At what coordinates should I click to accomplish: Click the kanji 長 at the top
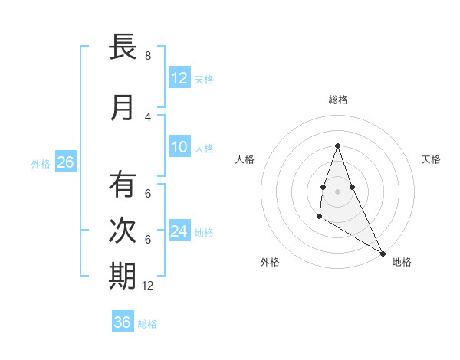(x=123, y=47)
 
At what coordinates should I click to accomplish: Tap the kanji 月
(x=123, y=108)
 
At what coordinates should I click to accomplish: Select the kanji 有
(x=123, y=185)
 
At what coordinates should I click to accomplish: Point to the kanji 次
(x=123, y=231)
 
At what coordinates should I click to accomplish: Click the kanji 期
(x=123, y=277)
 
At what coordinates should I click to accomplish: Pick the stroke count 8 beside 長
(x=148, y=56)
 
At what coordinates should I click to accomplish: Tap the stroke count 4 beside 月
(x=148, y=117)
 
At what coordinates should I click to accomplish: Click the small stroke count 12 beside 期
(x=148, y=286)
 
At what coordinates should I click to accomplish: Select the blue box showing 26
(x=65, y=162)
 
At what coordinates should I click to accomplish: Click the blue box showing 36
(x=123, y=322)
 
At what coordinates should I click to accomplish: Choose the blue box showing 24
(x=179, y=231)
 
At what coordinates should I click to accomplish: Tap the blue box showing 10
(x=179, y=147)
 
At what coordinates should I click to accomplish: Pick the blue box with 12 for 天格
(x=179, y=78)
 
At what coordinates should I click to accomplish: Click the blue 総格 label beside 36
(x=147, y=324)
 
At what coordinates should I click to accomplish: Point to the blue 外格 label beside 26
(x=41, y=163)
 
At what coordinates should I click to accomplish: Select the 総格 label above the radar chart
(x=337, y=100)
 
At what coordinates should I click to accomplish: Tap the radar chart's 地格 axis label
(x=402, y=262)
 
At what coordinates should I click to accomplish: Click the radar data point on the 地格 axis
(x=383, y=254)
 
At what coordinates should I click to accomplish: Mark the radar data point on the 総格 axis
(x=337, y=146)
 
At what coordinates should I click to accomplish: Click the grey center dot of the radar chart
(x=337, y=191)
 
